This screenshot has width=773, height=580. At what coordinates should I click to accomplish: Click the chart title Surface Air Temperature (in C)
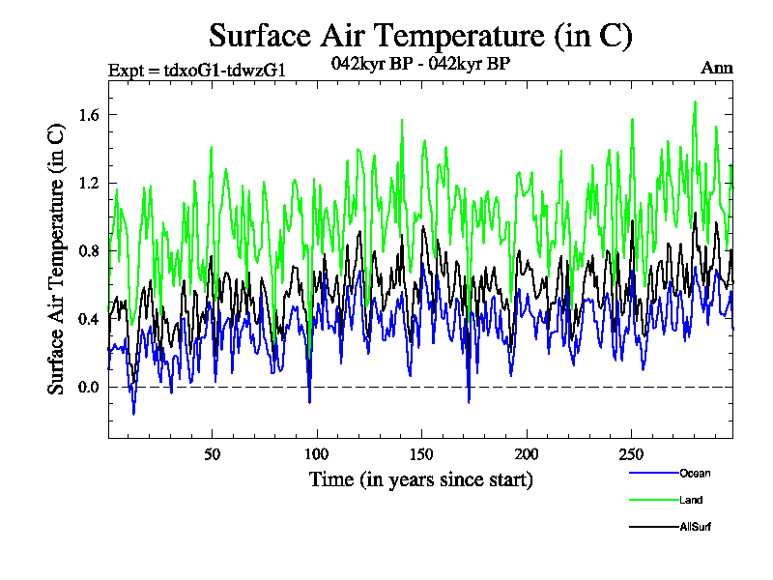click(x=420, y=36)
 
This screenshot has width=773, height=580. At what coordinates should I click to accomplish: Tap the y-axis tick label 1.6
click(x=88, y=115)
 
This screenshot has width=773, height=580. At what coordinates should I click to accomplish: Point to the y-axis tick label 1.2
click(x=88, y=183)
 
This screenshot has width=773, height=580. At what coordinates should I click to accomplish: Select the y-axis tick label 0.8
click(x=88, y=251)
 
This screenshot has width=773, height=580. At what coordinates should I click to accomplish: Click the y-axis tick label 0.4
click(x=88, y=319)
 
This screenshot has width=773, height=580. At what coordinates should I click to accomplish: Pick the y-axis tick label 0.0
click(x=88, y=387)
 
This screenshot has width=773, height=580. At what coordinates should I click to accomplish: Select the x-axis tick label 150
click(x=421, y=454)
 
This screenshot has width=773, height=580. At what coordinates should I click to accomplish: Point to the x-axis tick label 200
click(x=526, y=454)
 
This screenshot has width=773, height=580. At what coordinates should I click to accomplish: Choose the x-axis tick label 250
click(x=630, y=454)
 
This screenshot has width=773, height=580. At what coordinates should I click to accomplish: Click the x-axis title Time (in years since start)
click(x=420, y=479)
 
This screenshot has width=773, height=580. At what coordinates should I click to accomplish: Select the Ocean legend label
click(x=693, y=473)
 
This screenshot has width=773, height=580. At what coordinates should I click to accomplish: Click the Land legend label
click(x=690, y=500)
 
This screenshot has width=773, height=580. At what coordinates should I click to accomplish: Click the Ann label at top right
click(x=717, y=68)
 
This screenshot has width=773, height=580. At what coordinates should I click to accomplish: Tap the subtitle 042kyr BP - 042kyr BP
click(x=420, y=64)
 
